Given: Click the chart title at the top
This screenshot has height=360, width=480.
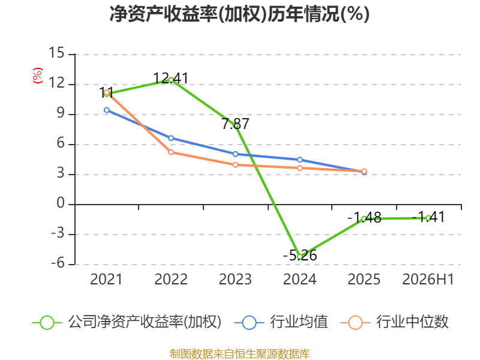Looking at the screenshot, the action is [239, 14].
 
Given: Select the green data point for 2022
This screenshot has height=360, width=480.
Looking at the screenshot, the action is [171, 80].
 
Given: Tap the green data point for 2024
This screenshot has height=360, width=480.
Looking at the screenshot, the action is [299, 257].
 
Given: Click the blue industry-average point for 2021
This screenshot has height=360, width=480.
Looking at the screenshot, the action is [107, 110].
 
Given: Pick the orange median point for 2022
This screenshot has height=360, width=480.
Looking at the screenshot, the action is [171, 152].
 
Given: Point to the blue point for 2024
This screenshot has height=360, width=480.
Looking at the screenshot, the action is [299, 160].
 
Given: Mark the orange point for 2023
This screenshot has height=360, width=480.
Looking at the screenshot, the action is [235, 165].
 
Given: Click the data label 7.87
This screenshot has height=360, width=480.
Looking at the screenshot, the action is [235, 124].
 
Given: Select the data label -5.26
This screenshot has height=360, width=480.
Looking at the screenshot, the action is [300, 256].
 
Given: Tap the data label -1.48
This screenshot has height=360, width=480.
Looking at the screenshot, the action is [364, 218].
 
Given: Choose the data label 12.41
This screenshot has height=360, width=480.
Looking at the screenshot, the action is [171, 79].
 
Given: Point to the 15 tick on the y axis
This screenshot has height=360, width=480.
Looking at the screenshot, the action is [56, 53].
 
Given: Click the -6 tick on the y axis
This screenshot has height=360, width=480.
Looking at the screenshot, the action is [58, 263].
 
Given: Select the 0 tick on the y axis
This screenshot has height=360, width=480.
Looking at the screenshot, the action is [61, 203].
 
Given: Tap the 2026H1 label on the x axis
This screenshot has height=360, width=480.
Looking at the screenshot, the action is [428, 279].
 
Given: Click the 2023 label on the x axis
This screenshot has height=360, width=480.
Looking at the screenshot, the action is [235, 279].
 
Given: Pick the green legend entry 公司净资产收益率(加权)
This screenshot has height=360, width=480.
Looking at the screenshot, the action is [127, 322].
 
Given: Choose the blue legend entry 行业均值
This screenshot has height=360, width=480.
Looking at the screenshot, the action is [281, 322].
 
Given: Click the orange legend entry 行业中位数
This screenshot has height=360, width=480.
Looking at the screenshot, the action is [394, 322].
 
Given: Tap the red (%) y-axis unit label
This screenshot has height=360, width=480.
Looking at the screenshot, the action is [38, 76].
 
